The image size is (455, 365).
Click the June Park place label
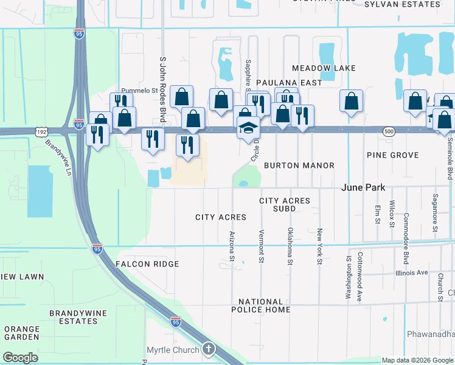(364, 188)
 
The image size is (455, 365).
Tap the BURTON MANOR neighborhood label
(299, 165)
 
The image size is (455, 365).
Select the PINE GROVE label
(393, 156)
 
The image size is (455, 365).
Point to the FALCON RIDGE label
(147, 264)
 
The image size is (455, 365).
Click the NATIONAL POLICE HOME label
(261, 305)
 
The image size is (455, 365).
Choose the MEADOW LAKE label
(323, 68)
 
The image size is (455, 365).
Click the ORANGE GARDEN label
(22, 333)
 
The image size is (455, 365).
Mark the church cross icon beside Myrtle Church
(209, 349)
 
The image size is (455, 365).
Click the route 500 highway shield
(389, 131)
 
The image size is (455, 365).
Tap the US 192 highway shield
(41, 131)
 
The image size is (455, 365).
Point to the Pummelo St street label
(139, 90)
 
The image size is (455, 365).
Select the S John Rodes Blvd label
(162, 89)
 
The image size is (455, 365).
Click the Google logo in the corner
(21, 358)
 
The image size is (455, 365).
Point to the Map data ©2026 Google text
(417, 360)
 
